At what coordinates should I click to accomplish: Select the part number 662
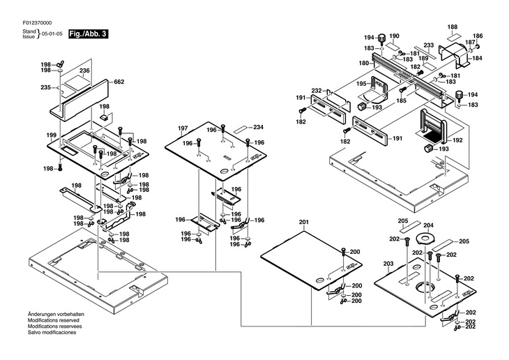119,82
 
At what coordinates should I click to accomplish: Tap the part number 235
46,87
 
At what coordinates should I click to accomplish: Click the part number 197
183,128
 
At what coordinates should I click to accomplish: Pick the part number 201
303,223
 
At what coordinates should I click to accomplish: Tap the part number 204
429,225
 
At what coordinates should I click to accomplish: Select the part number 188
452,27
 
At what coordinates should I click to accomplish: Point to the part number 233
428,45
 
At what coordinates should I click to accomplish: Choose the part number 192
457,140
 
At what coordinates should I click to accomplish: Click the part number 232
316,91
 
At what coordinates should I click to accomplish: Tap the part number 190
394,36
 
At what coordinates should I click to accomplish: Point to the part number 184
478,58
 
